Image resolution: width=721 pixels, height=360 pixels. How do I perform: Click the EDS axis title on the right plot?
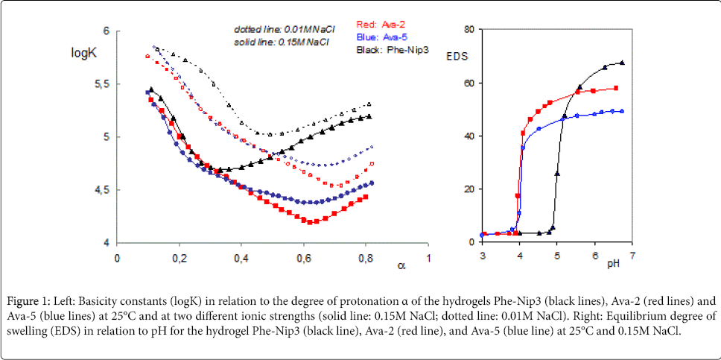pos(456,56)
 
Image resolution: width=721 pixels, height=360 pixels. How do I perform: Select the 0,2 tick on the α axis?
pos(179,257)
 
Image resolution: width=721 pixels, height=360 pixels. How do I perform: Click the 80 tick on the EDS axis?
pos(469,29)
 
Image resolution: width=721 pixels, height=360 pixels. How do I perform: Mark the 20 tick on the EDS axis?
pos(469,189)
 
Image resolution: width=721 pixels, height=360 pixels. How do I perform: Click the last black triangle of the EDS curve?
pos(622,63)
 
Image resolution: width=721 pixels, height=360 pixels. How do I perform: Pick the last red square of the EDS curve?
pos(616,88)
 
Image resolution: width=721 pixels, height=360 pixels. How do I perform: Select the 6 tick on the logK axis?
pos(107,31)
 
